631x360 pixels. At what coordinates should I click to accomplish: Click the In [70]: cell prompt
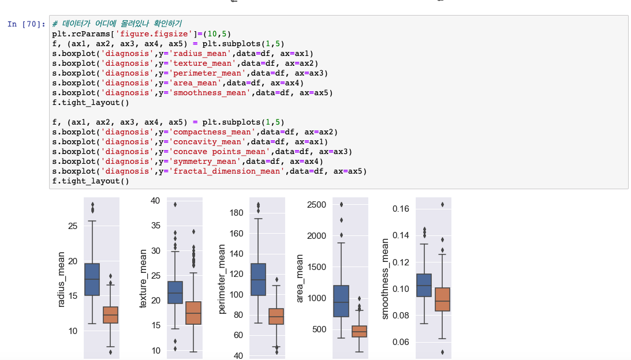(x=26, y=24)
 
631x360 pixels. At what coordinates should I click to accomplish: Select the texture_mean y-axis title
(x=144, y=279)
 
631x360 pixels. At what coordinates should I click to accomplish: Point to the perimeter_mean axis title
(x=223, y=279)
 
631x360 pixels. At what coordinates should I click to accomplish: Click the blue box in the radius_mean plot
(x=92, y=279)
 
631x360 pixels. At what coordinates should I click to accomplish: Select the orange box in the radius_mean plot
(x=110, y=315)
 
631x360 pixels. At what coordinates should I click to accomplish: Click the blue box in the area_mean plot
(x=341, y=301)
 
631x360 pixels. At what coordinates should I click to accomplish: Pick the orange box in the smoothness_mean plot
(x=442, y=299)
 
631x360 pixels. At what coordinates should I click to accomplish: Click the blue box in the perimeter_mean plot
(x=258, y=279)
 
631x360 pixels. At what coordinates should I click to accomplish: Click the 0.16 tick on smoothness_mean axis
(x=404, y=208)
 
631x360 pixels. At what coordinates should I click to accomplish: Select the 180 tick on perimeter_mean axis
(x=237, y=213)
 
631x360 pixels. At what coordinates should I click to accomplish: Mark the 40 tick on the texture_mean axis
(x=155, y=201)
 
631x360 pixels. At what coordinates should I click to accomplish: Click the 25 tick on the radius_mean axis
(x=72, y=226)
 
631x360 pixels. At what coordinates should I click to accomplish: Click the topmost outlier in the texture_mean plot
(x=175, y=204)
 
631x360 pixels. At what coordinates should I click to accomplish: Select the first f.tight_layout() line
(x=91, y=103)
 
